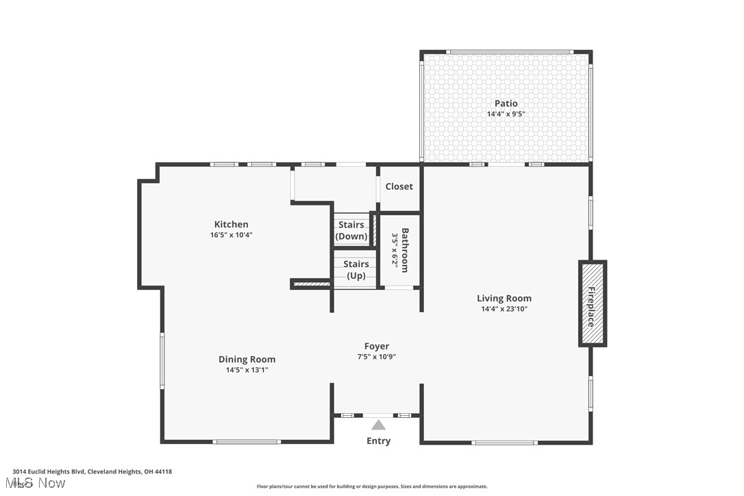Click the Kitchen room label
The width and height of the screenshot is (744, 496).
231,224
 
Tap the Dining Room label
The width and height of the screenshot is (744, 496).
247,359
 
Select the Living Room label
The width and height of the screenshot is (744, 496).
504,298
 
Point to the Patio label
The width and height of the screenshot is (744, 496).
506,103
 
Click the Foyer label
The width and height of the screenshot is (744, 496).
377,347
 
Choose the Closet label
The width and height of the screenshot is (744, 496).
399,186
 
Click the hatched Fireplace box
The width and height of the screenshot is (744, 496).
593,303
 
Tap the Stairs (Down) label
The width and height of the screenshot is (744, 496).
351,231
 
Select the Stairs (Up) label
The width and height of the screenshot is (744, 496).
356,270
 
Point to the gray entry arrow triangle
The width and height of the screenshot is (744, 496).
378,425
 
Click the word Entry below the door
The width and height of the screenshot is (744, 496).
378,441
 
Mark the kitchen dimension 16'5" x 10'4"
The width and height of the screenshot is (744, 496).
231,235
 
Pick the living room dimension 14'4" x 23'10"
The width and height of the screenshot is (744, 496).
504,309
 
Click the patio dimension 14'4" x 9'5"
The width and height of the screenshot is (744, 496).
506,114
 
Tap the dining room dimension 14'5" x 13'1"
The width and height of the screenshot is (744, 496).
247,370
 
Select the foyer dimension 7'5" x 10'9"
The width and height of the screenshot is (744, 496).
377,357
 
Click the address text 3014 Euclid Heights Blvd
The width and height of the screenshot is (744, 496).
92,471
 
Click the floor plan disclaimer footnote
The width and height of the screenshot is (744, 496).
372,486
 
